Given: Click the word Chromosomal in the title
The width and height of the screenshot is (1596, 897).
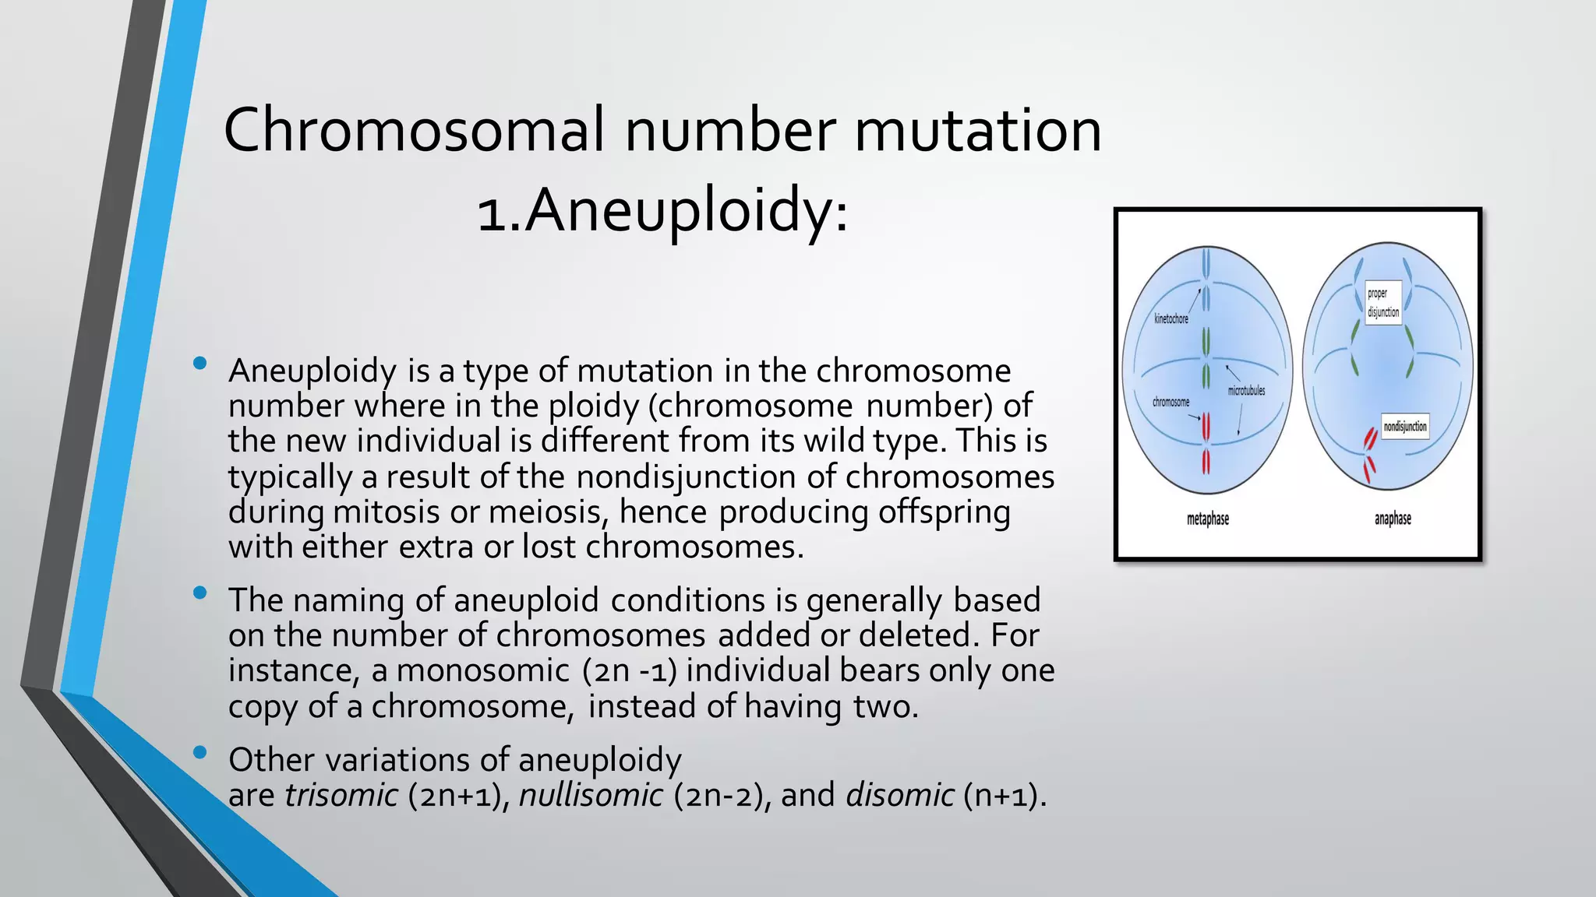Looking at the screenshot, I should coord(414,130).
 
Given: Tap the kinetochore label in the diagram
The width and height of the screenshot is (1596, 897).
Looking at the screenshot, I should coord(1171,319).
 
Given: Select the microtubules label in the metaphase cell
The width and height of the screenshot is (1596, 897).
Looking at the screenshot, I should coord(1246,391).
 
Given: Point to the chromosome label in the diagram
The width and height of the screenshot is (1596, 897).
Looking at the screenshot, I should coord(1171,403).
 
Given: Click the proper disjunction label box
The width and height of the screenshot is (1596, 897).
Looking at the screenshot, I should coord(1383,303).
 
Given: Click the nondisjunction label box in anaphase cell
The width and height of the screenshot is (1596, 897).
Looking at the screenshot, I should coord(1405,427).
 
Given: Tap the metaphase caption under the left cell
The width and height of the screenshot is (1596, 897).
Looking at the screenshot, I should coord(1207,519).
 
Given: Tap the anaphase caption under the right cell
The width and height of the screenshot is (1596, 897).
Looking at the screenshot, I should coord(1393,519).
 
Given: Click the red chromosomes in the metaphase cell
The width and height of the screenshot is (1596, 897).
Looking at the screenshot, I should coord(1206,444).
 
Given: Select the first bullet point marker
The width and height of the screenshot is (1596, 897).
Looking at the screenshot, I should coord(200,363).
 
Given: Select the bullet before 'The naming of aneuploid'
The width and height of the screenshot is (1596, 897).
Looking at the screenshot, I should coord(200,593).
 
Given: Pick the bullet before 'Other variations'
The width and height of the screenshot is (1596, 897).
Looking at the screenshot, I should coord(200,752).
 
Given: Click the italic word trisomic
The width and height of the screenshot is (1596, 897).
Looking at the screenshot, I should coord(341,796).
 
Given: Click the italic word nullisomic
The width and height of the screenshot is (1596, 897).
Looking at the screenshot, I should coord(591,796).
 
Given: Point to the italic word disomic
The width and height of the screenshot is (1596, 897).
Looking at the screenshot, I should coord(899,796).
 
